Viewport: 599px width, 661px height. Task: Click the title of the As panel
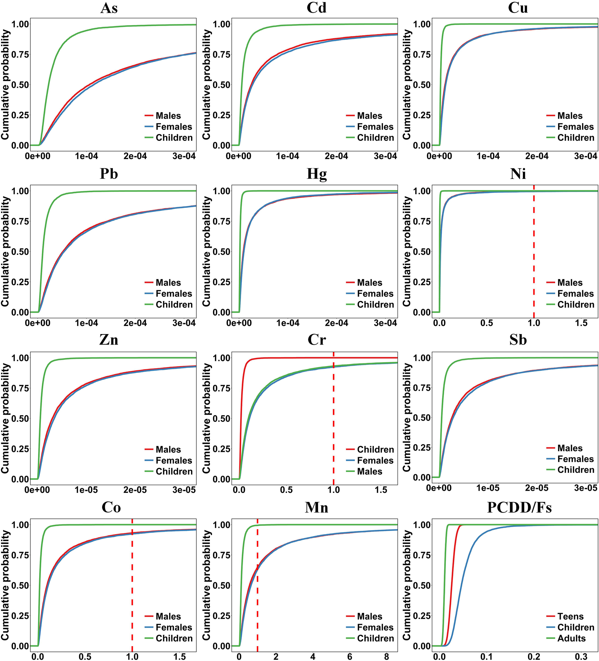pos(109,8)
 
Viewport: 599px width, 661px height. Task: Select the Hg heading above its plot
pos(316,174)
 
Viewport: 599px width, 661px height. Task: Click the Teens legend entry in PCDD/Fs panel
pos(570,616)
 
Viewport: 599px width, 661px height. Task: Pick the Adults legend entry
pos(571,638)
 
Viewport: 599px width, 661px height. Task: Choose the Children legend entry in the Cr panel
pos(375,449)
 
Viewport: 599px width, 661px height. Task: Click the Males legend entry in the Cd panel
pos(369,116)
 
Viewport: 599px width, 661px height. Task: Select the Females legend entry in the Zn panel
pos(174,460)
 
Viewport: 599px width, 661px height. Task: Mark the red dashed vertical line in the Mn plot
pos(258,582)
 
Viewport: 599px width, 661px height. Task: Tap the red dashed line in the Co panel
pos(132,582)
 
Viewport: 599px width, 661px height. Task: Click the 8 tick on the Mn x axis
pos(386,656)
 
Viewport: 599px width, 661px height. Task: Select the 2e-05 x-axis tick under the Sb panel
pos(537,488)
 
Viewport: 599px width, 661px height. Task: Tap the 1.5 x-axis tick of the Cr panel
pos(381,490)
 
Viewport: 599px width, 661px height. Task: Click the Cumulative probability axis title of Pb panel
pos(5,252)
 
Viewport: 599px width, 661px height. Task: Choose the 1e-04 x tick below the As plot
pos(87,156)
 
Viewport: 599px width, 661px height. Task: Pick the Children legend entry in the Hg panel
pos(375,304)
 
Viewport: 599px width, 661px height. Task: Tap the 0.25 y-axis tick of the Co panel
pos(20,615)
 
